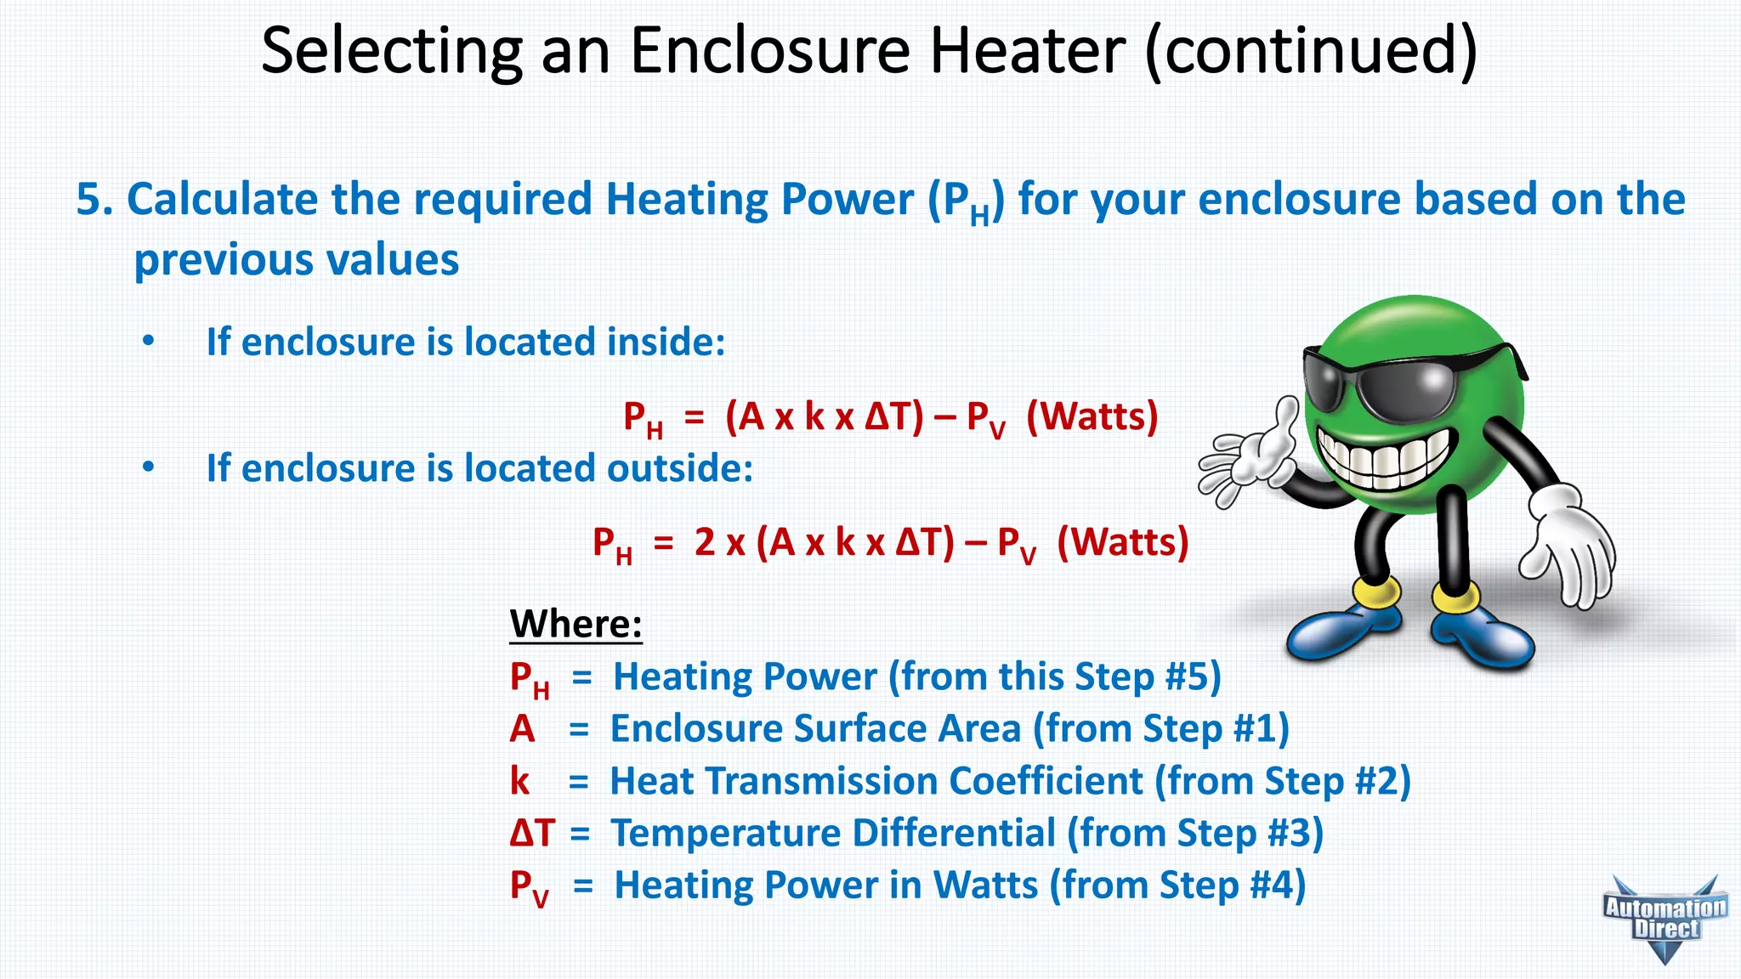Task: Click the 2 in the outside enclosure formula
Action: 704,542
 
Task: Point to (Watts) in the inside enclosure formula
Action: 1092,416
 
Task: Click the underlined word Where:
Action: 576,624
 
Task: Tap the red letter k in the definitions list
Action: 519,781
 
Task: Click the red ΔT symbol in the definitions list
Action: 532,833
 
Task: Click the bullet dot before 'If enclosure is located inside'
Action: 149,342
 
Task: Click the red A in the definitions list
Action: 522,729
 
